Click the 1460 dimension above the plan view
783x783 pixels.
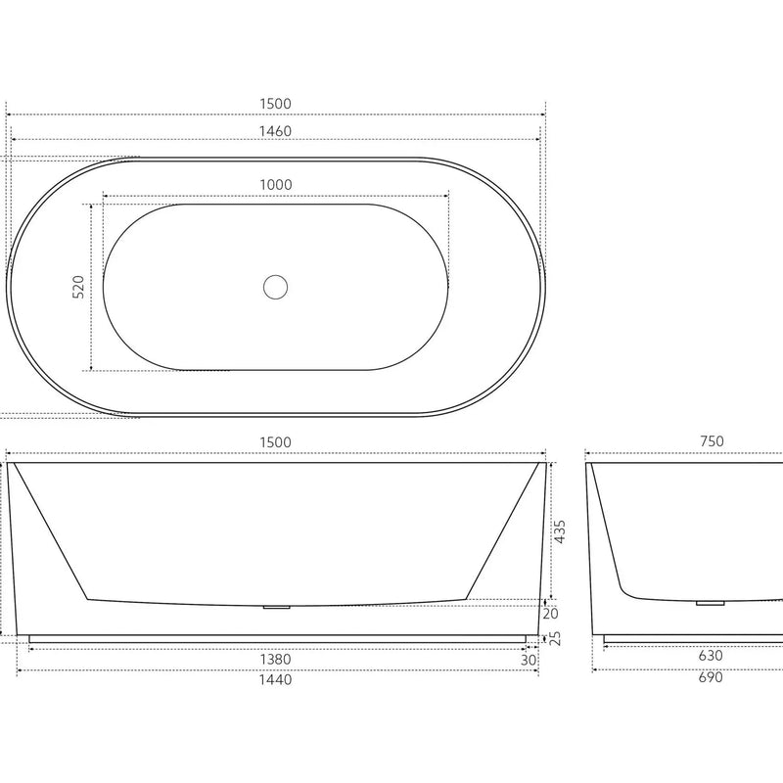coord(276,130)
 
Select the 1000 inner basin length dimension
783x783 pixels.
coord(276,184)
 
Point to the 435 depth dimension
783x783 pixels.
coord(560,531)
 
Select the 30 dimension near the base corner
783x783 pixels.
coord(530,660)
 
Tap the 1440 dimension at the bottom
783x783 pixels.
coord(276,678)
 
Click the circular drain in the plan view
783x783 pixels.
coord(276,287)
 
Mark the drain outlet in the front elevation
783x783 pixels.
coord(277,608)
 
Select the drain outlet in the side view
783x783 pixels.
coord(710,603)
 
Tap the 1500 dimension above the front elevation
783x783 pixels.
coord(276,442)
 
